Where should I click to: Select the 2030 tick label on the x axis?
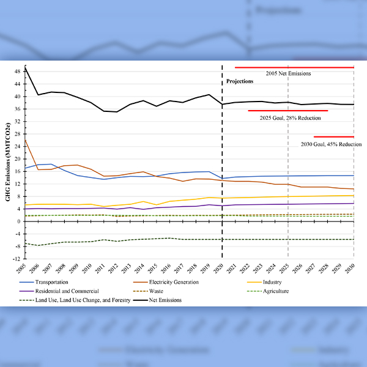pyautogui.click(x=354, y=268)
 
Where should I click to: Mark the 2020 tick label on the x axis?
pyautogui.click(x=222, y=268)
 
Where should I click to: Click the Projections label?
pyautogui.click(x=240, y=81)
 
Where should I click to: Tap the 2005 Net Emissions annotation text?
pyautogui.click(x=288, y=73)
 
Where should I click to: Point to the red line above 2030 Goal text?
pyautogui.click(x=333, y=137)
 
